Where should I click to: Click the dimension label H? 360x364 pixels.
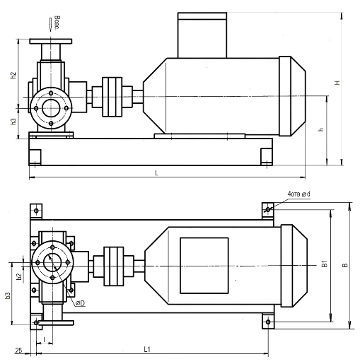tap(338, 83)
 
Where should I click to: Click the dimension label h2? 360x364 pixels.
tap(13, 75)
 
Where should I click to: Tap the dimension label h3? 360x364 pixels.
tap(13, 122)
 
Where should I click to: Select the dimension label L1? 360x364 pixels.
tap(147, 349)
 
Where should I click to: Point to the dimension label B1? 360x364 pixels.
tap(325, 264)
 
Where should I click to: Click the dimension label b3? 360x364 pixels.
tap(8, 296)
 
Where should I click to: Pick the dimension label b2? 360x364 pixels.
tap(19, 276)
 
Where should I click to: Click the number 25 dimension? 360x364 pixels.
tap(18, 351)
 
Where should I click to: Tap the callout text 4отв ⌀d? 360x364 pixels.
tap(298, 194)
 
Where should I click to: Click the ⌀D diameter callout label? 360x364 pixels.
tap(81, 303)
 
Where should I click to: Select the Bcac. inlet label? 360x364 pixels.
tap(57, 23)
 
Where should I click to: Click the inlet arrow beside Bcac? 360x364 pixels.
tap(50, 24)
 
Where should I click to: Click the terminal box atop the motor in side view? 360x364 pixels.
tap(202, 35)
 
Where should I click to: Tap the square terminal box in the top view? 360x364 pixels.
tap(204, 266)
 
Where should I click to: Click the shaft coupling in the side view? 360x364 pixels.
tap(112, 97)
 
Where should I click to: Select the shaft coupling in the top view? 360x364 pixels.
tap(113, 266)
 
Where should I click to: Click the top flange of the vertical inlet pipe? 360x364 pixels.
tap(51, 41)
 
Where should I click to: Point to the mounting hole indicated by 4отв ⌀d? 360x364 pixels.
tap(268, 209)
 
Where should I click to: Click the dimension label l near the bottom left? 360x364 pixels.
tap(45, 339)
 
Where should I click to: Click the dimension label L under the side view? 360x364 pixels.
tap(156, 173)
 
